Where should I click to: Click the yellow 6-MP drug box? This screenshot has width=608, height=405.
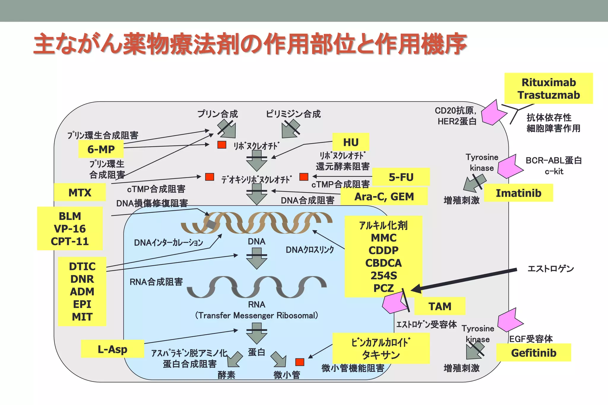point(101,149)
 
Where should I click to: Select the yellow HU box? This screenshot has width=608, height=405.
point(351,143)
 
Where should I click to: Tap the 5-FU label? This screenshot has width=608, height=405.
point(401,177)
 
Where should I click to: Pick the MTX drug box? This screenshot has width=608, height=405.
point(80,193)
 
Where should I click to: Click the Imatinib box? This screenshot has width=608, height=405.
point(518,193)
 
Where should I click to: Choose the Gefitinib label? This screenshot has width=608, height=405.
point(533,353)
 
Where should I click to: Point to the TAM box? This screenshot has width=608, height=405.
point(440,306)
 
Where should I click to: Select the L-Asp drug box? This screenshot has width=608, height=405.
point(113,349)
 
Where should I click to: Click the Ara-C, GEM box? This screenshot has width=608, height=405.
point(384,197)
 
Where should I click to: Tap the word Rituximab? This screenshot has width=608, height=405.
point(549,82)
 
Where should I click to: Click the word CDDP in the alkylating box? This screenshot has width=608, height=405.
point(383,251)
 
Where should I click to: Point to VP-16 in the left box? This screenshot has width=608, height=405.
point(70,229)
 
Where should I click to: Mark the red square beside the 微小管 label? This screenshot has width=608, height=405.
point(300,362)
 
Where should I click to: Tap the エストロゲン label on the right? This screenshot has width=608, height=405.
point(550,269)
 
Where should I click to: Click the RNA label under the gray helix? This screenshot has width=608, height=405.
point(256,304)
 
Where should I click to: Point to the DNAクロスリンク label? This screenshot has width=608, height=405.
point(310,250)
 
